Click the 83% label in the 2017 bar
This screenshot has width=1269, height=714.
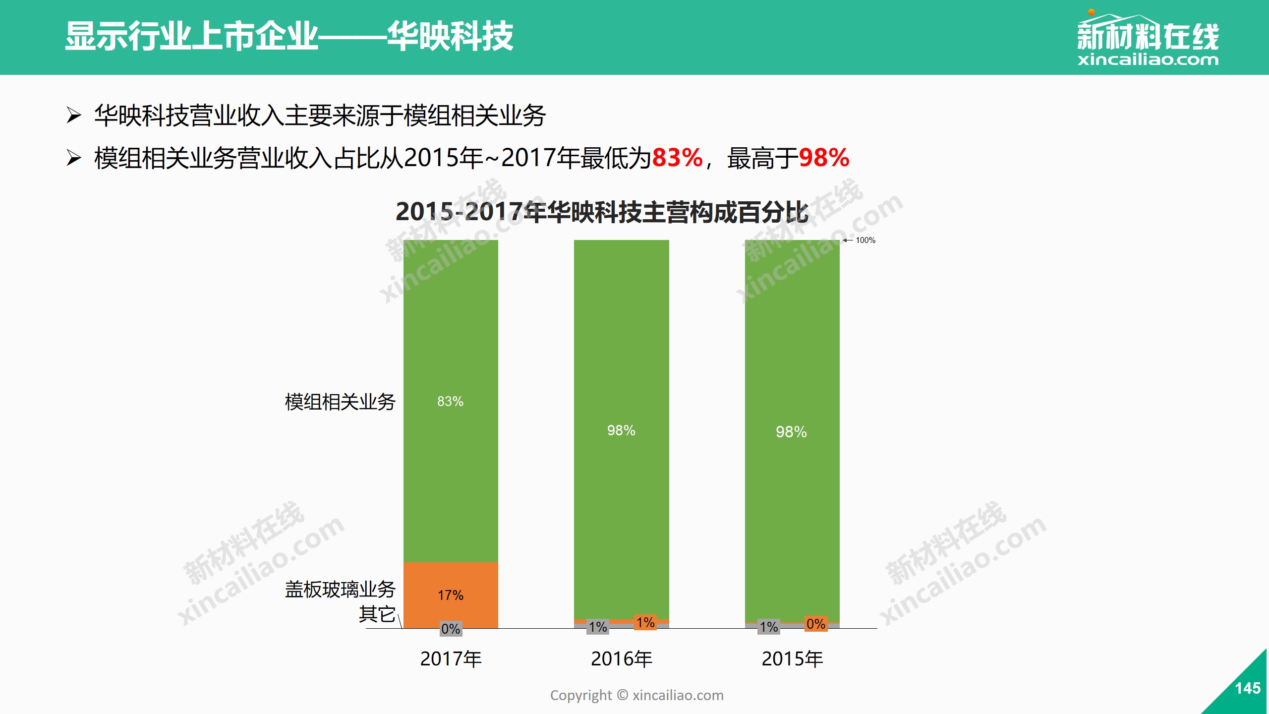coord(450,401)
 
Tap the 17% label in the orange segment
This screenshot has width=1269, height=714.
coord(450,595)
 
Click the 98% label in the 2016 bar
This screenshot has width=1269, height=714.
coord(621,430)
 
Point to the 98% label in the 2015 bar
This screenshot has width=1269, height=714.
coord(791,432)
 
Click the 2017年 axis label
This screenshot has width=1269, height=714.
coord(451,659)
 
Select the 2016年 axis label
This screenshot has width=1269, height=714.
coord(622,659)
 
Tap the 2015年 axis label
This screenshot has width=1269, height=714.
coord(792,659)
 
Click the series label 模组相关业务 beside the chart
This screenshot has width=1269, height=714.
coord(340,402)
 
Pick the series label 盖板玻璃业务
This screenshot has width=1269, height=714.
coord(340,590)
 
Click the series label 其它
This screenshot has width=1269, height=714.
coord(377,614)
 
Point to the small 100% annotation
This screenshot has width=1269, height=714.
coord(865,240)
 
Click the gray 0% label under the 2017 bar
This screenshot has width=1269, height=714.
coord(451,629)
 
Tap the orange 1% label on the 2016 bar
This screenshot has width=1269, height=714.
coord(645,622)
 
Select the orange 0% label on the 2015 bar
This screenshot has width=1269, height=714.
coord(816,624)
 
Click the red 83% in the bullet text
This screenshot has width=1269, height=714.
coord(677,158)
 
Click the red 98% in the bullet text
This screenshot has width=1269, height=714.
coord(824,158)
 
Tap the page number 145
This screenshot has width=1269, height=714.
coord(1247,688)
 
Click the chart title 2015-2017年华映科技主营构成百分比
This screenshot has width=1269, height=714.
coord(602,212)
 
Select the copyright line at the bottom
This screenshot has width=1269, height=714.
coord(636,695)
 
